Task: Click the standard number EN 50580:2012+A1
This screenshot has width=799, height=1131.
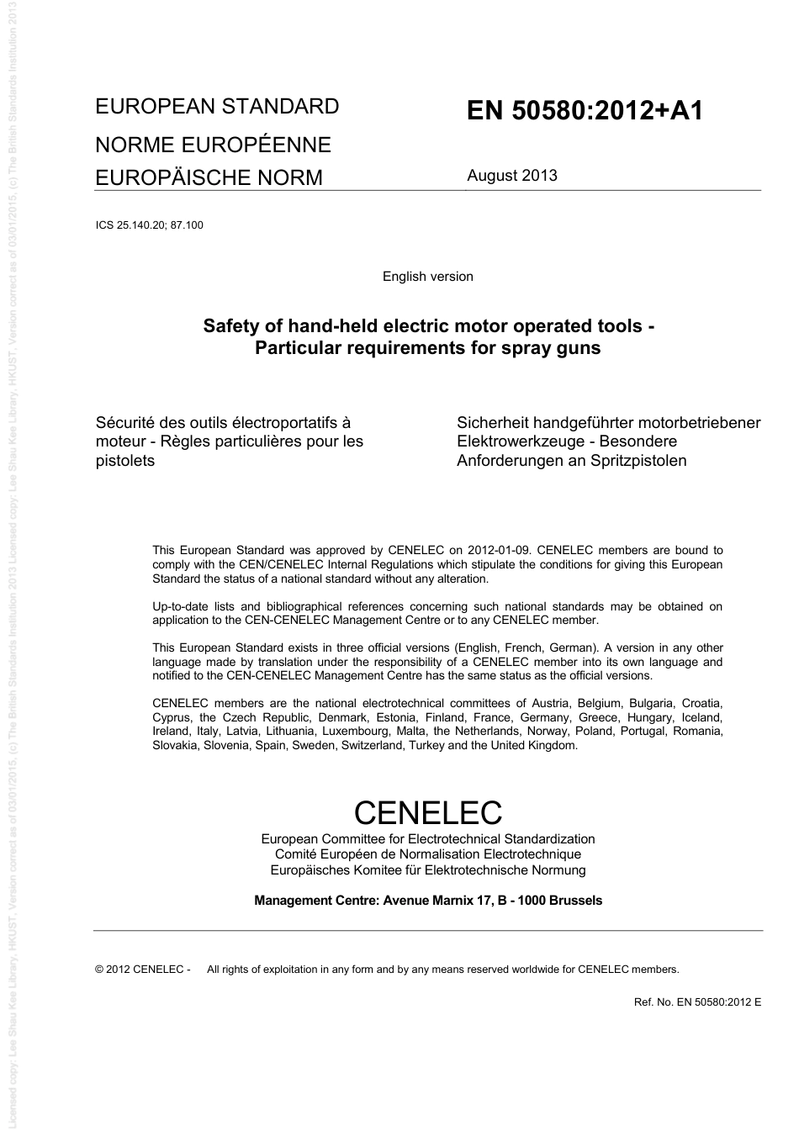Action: coord(585,111)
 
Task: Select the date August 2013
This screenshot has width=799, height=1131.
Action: coord(512,176)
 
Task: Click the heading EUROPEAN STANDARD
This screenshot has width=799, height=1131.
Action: coord(217,107)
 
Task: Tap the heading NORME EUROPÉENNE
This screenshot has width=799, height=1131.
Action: coord(213,145)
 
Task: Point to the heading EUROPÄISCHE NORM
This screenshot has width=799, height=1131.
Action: coord(209,177)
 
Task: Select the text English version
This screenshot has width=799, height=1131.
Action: coord(427,277)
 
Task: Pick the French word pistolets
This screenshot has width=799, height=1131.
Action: coord(125,461)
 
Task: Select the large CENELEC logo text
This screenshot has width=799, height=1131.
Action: coord(427,813)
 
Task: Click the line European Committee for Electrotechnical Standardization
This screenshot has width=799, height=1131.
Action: coord(427,839)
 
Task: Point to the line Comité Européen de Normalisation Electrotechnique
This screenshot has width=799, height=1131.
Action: coord(427,854)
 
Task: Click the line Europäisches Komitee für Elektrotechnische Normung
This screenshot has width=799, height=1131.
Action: coord(427,870)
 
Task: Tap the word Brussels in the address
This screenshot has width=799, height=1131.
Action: coord(575,901)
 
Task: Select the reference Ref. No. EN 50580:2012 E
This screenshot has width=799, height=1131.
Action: coord(697,1002)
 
